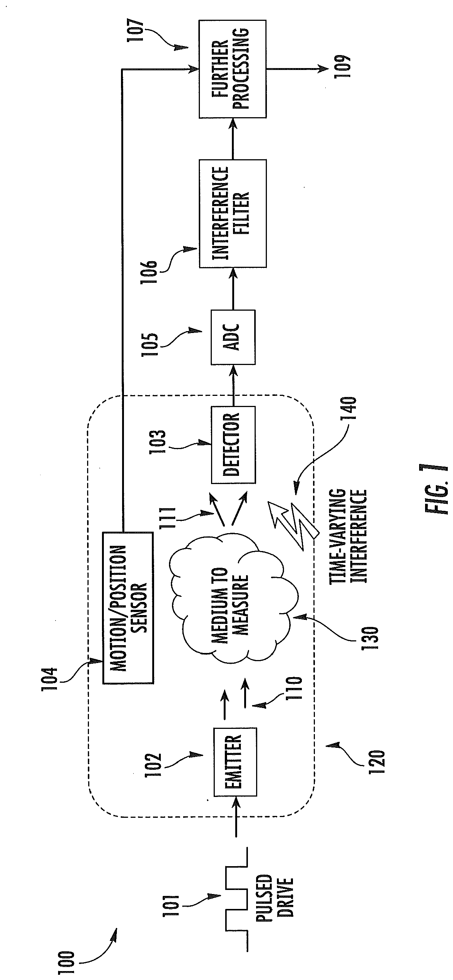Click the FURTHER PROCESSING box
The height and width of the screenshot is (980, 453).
(232, 69)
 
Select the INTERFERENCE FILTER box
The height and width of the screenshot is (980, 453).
(232, 214)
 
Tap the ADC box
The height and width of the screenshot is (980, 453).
(233, 337)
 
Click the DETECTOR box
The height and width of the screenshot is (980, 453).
(233, 445)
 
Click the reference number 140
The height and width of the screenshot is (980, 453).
(350, 408)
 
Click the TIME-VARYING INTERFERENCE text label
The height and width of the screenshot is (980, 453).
(348, 536)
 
